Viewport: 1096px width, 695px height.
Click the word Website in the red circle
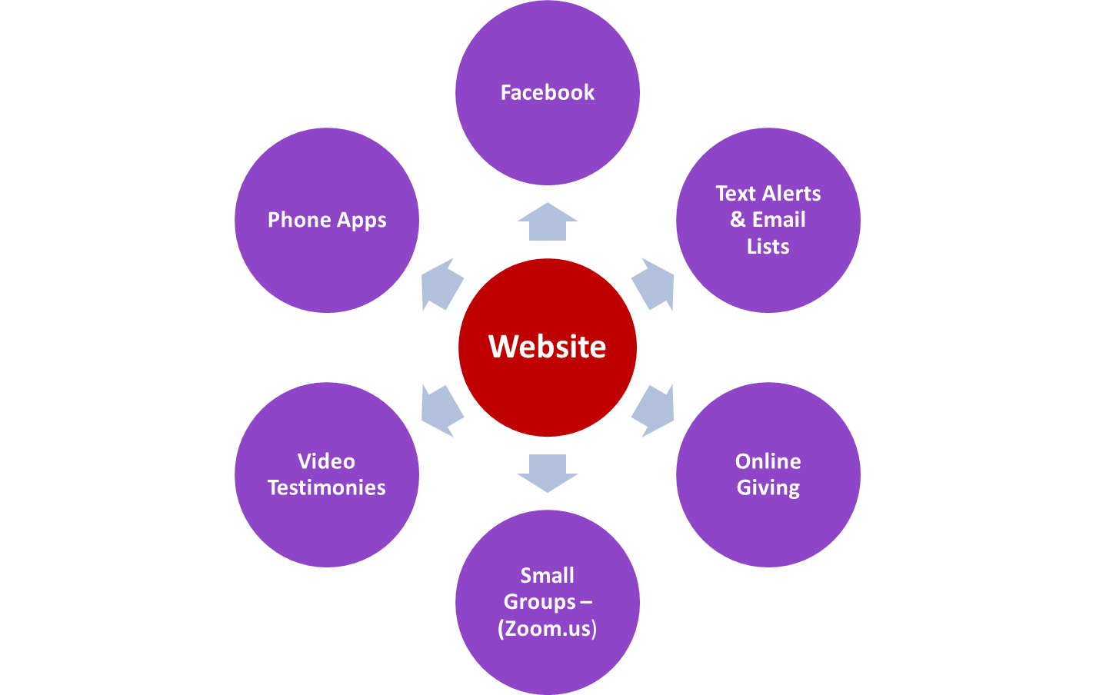tap(547, 347)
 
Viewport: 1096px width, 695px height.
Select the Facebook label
tap(547, 93)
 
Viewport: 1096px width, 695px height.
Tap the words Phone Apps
tap(327, 220)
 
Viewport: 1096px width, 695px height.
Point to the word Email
tap(778, 220)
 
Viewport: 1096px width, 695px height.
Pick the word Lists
tap(768, 247)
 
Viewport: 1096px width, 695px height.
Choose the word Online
tap(768, 461)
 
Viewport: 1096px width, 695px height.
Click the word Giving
tap(768, 488)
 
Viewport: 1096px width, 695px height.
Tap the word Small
tap(547, 575)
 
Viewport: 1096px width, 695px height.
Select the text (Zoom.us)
tap(547, 629)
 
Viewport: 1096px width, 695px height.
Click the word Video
tap(326, 461)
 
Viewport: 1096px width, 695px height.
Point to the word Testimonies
tap(326, 487)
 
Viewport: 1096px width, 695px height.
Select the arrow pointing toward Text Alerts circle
tap(654, 284)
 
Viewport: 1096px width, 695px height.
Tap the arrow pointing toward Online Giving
tap(654, 410)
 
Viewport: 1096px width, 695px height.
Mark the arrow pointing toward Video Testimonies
tap(441, 410)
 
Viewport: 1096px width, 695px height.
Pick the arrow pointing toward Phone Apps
tap(441, 284)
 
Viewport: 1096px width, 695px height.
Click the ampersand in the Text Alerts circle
tap(738, 220)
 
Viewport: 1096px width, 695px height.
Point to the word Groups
tap(539, 602)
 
